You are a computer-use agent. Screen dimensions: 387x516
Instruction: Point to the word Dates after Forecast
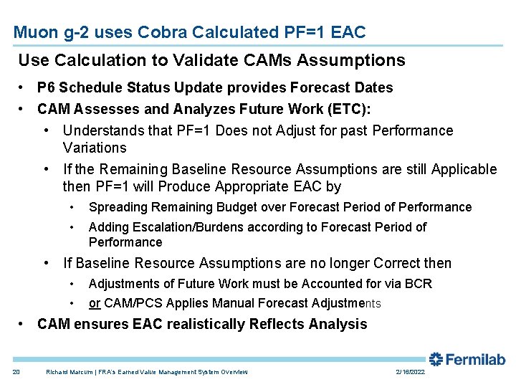[373, 87]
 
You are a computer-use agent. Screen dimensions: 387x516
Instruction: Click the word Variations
[95, 148]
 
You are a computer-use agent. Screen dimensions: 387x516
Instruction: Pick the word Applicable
[464, 169]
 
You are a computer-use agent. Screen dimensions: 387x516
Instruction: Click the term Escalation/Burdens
[186, 227]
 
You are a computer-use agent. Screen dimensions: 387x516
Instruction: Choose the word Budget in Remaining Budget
[236, 207]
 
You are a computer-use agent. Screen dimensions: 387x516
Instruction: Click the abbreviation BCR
[419, 284]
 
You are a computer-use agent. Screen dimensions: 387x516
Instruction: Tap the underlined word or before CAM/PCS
[95, 303]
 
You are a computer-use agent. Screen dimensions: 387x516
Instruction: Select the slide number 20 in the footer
[16, 372]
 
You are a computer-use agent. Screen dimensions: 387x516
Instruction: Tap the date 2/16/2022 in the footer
[409, 372]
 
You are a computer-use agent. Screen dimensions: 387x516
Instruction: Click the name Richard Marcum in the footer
[68, 372]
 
